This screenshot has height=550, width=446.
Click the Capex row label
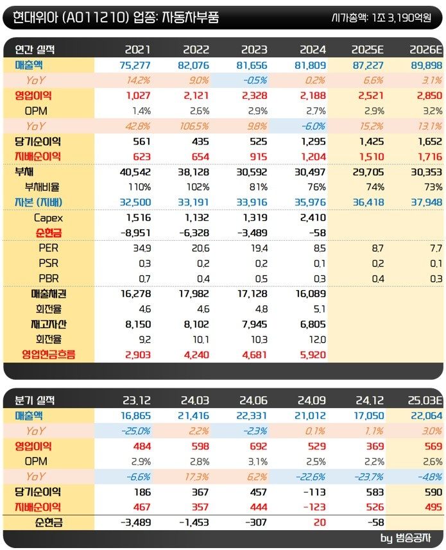click(48, 218)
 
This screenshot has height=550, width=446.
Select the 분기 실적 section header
click(35, 400)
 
